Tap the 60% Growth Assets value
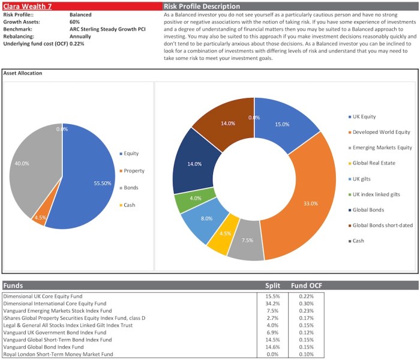[75, 21]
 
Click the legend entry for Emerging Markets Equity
[381, 147]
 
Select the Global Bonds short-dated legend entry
[382, 225]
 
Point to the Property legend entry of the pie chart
[134, 171]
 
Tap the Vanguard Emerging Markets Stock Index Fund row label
[58, 311]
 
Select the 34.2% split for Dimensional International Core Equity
[273, 304]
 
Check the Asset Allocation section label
[23, 73]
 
